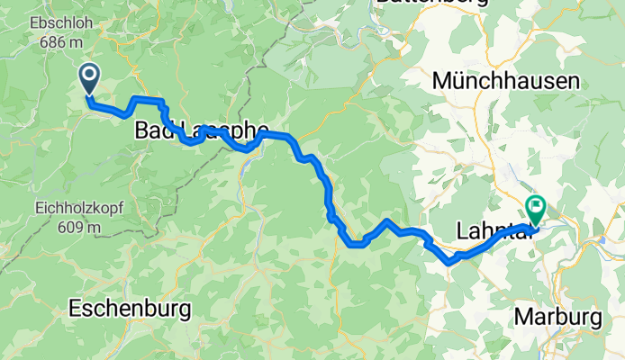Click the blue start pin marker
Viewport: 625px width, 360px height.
pyautogui.click(x=90, y=78)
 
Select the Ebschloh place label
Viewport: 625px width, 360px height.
pyautogui.click(x=59, y=22)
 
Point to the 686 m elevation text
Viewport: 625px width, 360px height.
pyautogui.click(x=59, y=40)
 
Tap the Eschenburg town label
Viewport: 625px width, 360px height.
pyautogui.click(x=130, y=310)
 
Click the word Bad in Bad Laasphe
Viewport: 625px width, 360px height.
pyautogui.click(x=153, y=131)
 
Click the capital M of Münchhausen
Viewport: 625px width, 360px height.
pyautogui.click(x=441, y=82)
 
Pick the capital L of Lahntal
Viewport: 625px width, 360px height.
pyautogui.click(x=465, y=232)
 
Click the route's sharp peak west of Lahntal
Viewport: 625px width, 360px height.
pyautogui.click(x=386, y=220)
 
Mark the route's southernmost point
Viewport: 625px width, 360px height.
pyautogui.click(x=449, y=264)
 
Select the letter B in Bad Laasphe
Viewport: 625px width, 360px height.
pyautogui.click(x=141, y=131)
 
